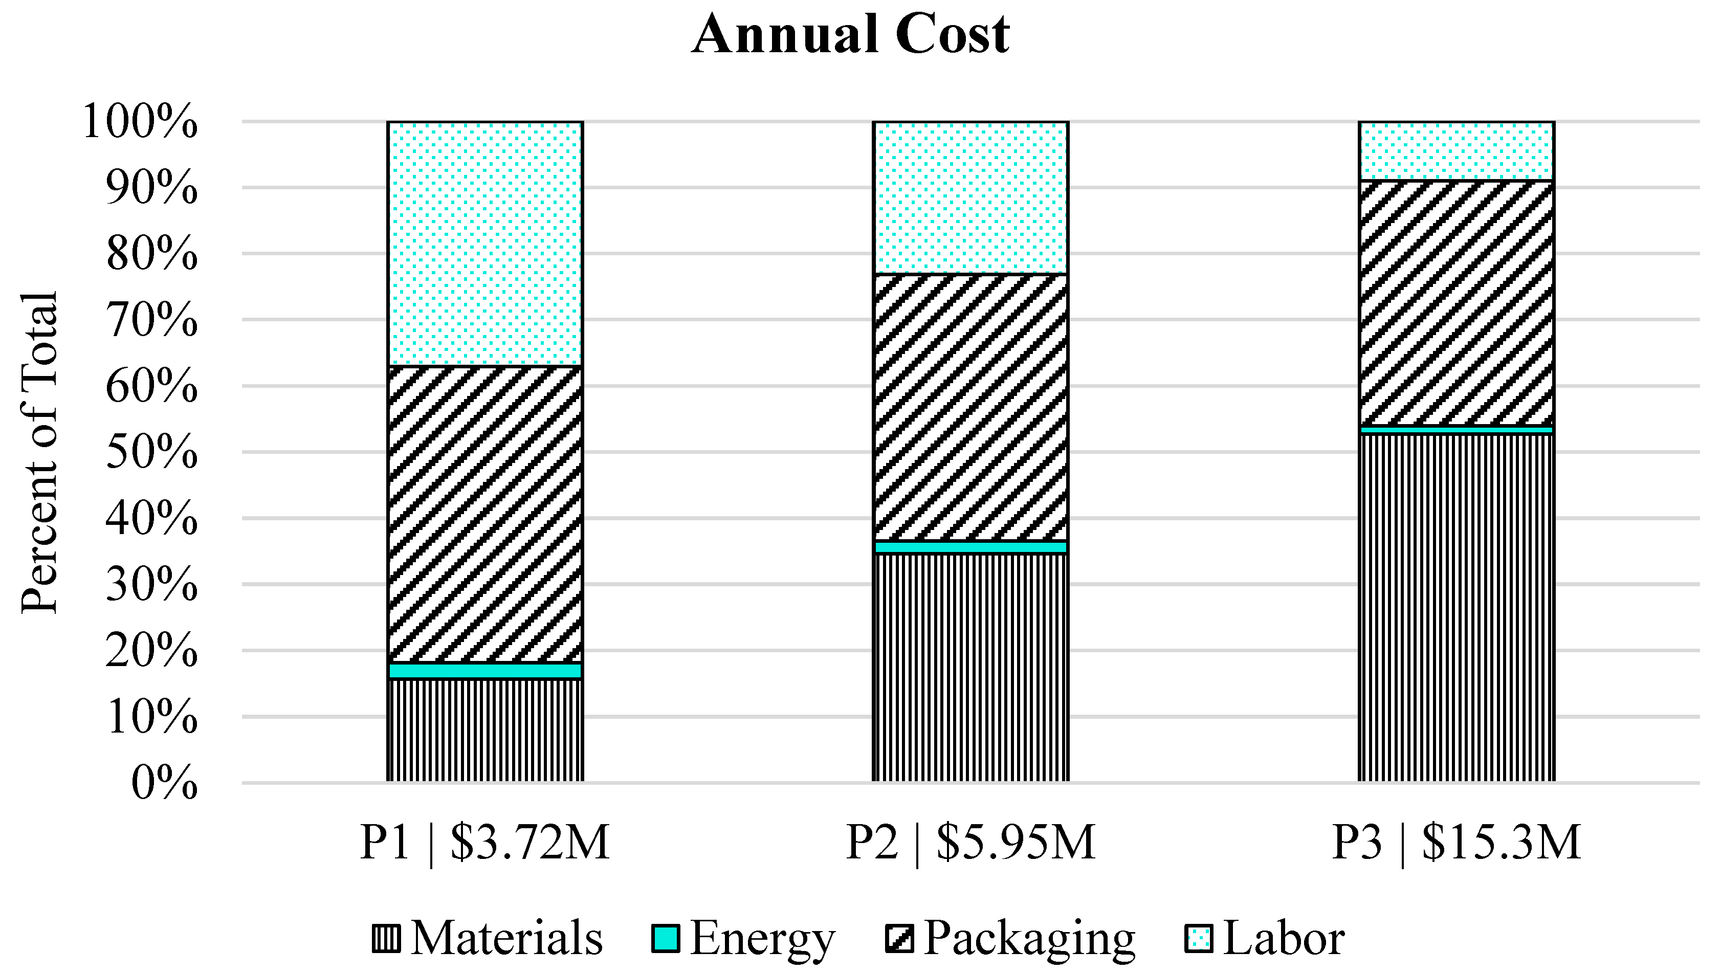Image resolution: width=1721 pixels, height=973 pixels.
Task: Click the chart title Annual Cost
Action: pos(850,35)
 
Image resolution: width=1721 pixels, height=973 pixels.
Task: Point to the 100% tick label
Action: pos(140,122)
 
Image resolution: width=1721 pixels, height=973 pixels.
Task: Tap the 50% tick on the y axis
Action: pos(151,453)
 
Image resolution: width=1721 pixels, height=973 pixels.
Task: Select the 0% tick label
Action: pos(164,783)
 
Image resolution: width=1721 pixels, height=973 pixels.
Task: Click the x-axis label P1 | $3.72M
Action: pos(485,842)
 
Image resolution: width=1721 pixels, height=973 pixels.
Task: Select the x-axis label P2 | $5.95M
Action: pos(970,842)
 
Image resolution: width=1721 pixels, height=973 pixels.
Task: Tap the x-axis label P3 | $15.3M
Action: pos(1457,842)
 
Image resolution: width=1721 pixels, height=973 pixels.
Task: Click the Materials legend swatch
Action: pos(386,938)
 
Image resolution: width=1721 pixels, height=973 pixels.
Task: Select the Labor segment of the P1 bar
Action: pos(485,244)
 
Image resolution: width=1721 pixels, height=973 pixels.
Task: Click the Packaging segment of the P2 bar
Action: pos(970,406)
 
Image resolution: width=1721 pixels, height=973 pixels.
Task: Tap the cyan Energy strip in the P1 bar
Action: pos(485,670)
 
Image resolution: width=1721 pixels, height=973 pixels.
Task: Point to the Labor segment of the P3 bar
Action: pos(1457,151)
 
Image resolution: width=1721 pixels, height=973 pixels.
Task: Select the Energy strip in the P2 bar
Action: pos(970,547)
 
